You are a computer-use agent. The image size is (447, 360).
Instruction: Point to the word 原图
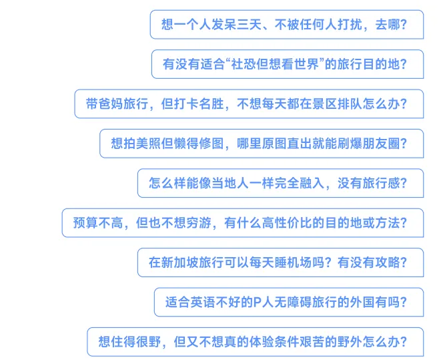click(x=278, y=144)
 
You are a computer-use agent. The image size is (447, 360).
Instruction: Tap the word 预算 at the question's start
click(x=85, y=222)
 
